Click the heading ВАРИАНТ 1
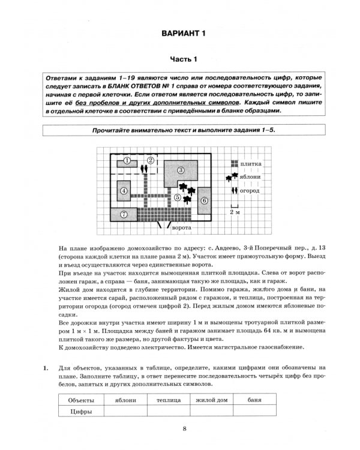click(x=179, y=33)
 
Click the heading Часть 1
click(x=179, y=59)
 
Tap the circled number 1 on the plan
click(x=127, y=161)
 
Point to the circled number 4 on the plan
click(x=123, y=191)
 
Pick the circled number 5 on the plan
click(x=178, y=196)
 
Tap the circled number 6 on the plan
click(x=204, y=200)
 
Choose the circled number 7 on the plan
click(x=124, y=214)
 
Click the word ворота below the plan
click(x=181, y=229)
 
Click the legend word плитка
click(x=250, y=164)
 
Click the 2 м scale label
click(x=235, y=212)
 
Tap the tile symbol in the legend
click(x=233, y=164)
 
